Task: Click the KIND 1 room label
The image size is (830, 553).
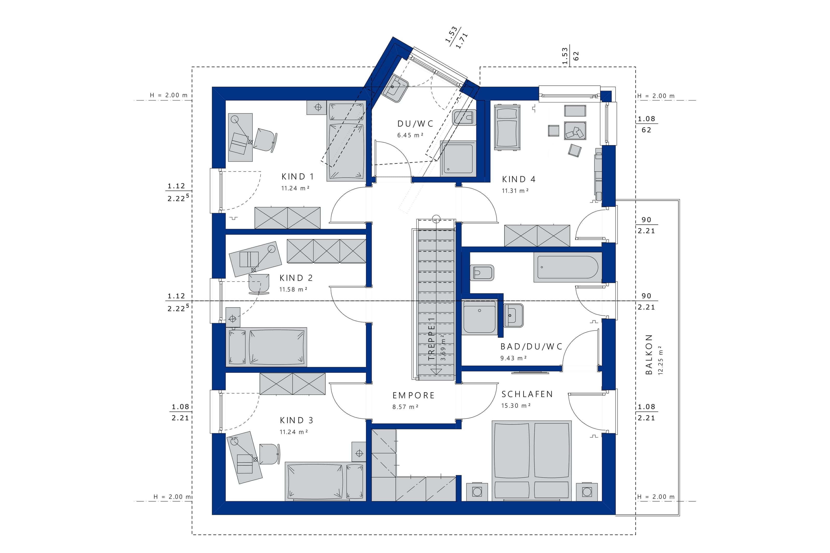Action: click(297, 176)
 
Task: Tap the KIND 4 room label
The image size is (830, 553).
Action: click(518, 179)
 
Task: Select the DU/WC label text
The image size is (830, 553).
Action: click(415, 124)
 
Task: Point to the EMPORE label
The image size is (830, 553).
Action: click(413, 395)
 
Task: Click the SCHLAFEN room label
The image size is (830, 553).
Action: click(527, 394)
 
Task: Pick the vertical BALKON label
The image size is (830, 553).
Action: click(649, 354)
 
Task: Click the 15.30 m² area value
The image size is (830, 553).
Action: click(516, 405)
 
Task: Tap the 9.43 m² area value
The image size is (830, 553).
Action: click(514, 358)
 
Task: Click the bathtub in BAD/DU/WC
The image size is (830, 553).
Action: click(568, 267)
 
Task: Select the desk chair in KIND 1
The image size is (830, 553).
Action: click(265, 140)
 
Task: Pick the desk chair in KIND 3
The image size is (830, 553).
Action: click(270, 454)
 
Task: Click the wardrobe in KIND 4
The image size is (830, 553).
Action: click(537, 236)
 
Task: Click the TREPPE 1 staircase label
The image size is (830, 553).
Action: click(431, 339)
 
